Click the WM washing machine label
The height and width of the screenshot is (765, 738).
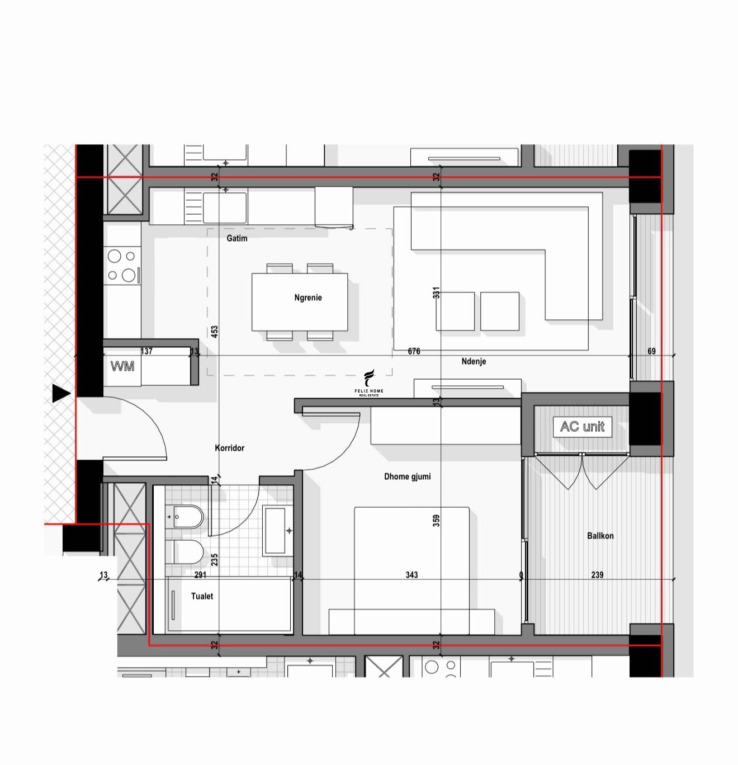pos(122,366)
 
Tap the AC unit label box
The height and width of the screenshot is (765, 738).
pos(582,427)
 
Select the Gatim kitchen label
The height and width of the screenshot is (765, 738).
pos(237,238)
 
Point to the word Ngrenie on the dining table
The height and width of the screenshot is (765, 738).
pos(308,297)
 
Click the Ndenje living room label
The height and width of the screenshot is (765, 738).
pos(474,361)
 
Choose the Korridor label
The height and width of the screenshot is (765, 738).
pos(229,448)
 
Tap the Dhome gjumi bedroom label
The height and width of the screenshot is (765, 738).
pos(407,476)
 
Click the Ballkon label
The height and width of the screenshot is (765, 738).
pos(600,535)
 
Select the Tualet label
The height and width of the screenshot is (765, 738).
pos(202,596)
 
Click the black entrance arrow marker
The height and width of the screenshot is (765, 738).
pos(61,394)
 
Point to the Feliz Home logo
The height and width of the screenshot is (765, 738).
pos(368,382)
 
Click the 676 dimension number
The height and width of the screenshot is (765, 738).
pos(414,351)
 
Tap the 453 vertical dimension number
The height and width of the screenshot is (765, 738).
pos(214,332)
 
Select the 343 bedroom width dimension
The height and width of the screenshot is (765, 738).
pos(411,575)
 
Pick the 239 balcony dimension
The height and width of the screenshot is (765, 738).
pos(597,575)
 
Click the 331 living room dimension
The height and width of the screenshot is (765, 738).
pos(436,292)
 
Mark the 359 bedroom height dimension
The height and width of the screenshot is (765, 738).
pos(436,521)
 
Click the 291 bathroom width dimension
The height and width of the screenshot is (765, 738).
pos(200,575)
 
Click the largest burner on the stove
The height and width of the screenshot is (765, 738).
pos(129,275)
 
